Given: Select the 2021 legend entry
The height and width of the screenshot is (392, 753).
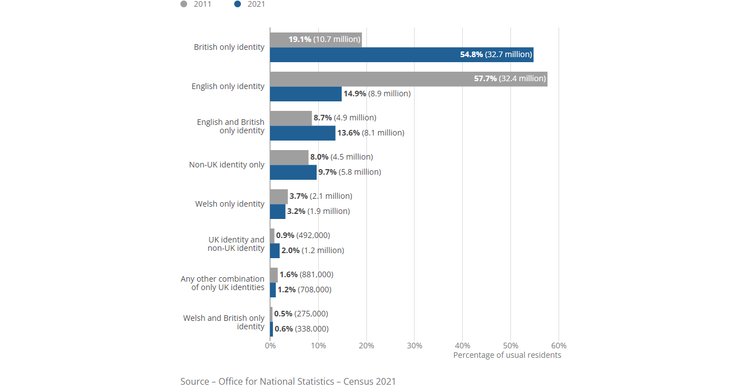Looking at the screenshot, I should click(x=250, y=4).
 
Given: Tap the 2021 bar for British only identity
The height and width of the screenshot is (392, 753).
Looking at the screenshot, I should click(x=401, y=54).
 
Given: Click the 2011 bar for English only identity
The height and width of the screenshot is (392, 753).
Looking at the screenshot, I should click(x=408, y=78).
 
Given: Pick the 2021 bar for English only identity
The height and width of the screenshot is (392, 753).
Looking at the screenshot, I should click(x=305, y=94).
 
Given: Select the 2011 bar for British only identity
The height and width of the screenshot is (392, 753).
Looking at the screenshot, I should click(x=315, y=40).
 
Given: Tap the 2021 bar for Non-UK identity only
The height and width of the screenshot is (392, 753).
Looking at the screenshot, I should click(x=293, y=172).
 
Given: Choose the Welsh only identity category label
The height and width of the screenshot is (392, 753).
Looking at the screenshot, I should click(x=230, y=204).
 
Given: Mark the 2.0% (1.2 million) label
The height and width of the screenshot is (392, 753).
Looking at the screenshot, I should click(x=313, y=250).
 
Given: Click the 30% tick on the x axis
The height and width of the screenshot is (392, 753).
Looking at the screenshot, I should click(x=414, y=346).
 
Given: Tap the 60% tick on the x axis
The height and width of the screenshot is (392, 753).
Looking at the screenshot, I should click(x=559, y=346).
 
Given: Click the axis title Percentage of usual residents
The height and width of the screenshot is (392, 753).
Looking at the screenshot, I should click(x=507, y=355).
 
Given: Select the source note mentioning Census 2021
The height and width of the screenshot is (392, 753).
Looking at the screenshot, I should click(x=288, y=381).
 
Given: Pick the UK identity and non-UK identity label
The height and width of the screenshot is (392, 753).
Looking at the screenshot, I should click(x=236, y=244).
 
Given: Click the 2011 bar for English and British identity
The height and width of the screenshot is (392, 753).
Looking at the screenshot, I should click(x=290, y=118).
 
